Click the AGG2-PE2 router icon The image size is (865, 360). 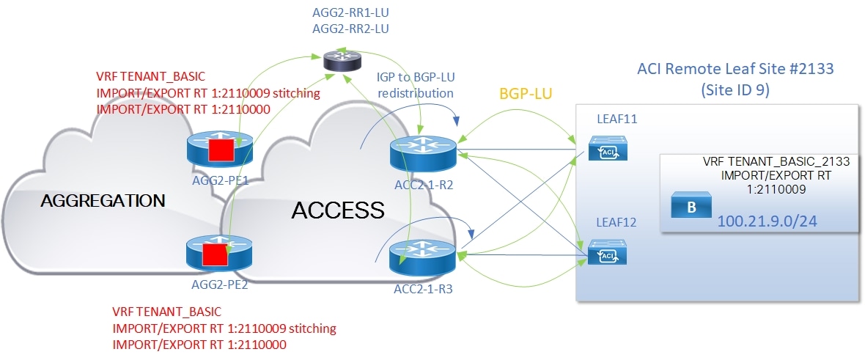(217, 254)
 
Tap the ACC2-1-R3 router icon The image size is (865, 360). (423, 255)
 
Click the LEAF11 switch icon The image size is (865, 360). (605, 152)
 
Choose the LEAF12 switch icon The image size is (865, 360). (605, 254)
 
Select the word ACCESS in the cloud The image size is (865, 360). (338, 210)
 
